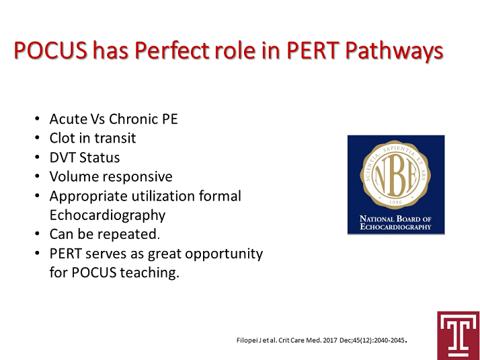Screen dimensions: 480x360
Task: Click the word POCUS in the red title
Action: [51, 50]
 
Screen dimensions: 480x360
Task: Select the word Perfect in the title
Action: [172, 50]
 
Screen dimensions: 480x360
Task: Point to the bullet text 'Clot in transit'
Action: [93, 138]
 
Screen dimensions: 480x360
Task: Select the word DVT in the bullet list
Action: [62, 157]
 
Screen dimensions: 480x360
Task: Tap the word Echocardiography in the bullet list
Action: [108, 216]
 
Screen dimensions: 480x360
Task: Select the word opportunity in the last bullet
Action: [224, 254]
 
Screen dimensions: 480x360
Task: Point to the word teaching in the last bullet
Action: [149, 273]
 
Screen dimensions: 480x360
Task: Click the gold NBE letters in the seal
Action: [395, 176]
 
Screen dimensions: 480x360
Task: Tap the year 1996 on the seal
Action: [395, 203]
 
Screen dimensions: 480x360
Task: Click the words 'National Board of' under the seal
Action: [395, 219]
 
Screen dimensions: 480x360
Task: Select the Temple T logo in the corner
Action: [458, 336]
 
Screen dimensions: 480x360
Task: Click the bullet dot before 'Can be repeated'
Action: [38, 234]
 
